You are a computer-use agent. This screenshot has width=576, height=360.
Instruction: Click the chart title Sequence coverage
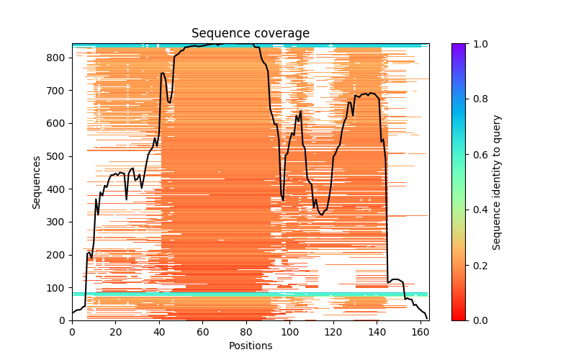250,34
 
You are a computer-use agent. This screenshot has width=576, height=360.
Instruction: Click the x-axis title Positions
250,346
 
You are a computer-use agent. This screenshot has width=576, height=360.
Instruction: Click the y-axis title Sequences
37,181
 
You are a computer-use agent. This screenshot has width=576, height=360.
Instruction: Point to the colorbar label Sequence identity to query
497,181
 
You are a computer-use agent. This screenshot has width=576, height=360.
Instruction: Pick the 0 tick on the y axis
65,320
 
